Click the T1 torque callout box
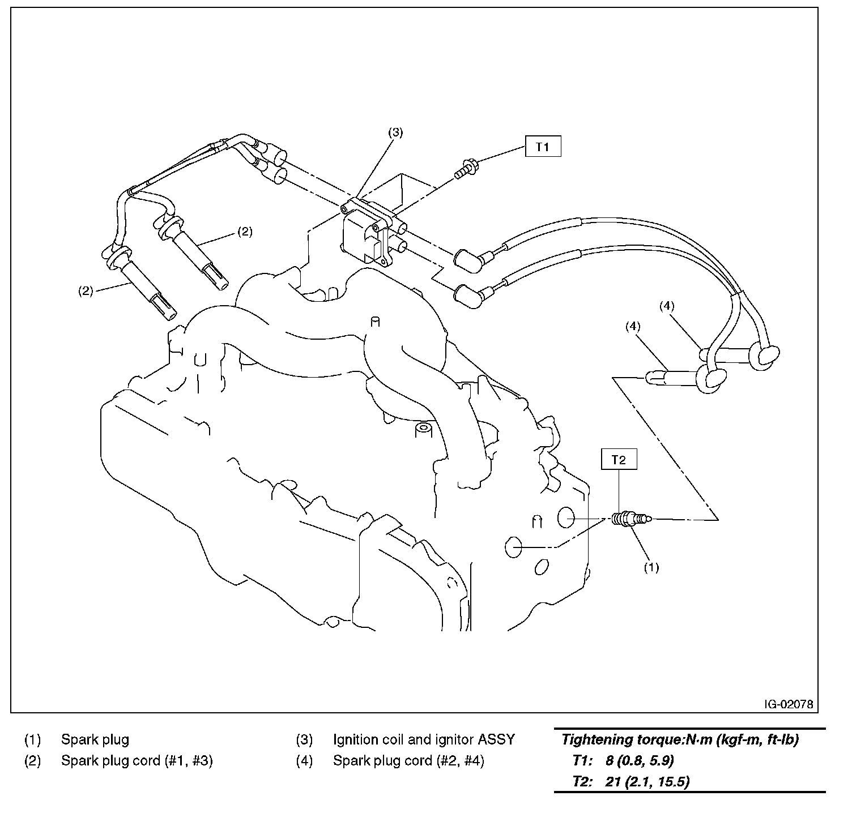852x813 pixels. point(543,147)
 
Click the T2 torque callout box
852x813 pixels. point(619,460)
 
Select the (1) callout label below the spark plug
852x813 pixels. point(651,567)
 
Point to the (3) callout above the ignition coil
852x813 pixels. point(395,132)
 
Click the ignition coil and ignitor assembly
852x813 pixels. point(368,232)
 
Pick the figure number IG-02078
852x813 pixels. point(788,704)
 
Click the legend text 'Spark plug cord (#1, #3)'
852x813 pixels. point(137,761)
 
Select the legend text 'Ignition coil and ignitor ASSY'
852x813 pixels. point(424,739)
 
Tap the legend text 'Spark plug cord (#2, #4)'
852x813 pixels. point(408,761)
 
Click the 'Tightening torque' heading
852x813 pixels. point(680,739)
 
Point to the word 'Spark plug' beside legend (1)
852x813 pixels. point(95,739)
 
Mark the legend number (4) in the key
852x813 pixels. point(304,761)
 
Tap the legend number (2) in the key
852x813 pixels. point(32,761)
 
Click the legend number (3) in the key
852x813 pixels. point(304,739)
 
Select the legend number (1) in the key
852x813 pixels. point(32,739)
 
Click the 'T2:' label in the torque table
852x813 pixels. point(582,781)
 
